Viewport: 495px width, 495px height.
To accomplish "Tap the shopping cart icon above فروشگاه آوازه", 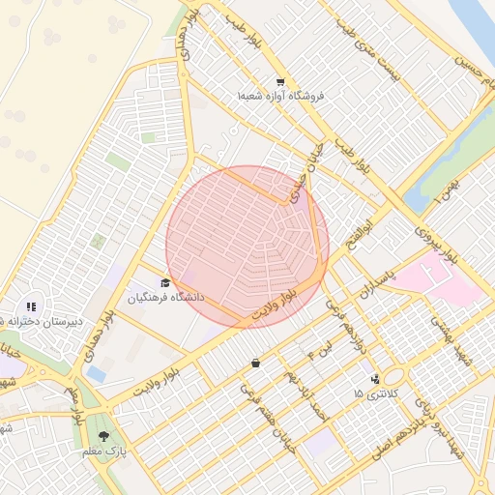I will click(x=280, y=82).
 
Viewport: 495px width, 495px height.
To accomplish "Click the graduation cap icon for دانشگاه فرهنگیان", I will click(x=166, y=283).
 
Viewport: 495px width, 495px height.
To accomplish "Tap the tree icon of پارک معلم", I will click(x=104, y=437).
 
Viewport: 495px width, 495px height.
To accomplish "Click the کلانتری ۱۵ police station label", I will click(x=372, y=393).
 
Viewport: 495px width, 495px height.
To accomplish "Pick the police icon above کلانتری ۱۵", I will click(x=374, y=378).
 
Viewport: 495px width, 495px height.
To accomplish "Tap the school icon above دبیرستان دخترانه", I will click(x=31, y=306).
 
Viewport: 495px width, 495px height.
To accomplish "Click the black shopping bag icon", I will click(x=255, y=364).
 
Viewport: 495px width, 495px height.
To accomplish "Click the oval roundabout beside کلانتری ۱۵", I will click(x=393, y=376).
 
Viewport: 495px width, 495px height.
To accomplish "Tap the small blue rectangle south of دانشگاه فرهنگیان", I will click(x=96, y=373).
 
